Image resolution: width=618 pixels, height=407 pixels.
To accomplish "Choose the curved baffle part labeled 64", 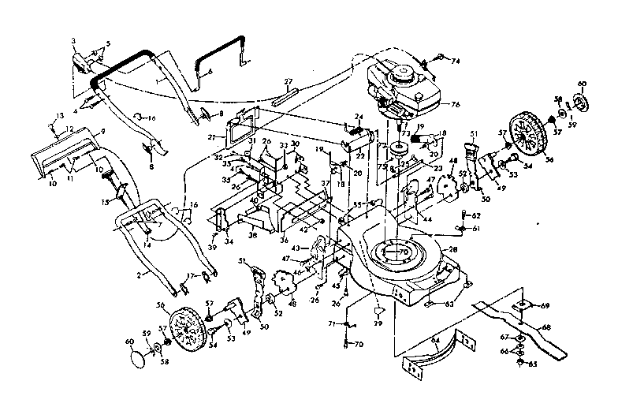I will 430,351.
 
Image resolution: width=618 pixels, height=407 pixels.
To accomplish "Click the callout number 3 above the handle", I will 73,39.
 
